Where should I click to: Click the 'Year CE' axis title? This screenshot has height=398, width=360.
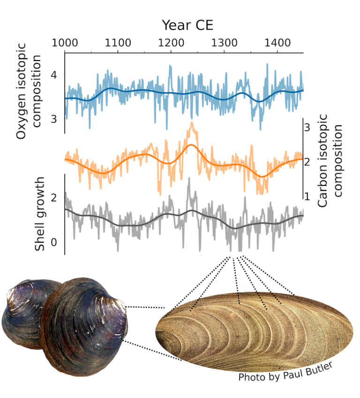click(187, 24)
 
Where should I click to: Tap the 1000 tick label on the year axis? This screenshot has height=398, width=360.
click(65, 43)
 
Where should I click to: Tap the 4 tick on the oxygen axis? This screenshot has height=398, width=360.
click(54, 76)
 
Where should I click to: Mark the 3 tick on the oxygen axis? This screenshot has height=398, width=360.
click(54, 119)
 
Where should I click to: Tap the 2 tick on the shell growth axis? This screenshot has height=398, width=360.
click(54, 197)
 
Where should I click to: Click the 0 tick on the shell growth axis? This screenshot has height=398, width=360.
click(54, 242)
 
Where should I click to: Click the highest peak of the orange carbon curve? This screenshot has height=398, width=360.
click(191, 123)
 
